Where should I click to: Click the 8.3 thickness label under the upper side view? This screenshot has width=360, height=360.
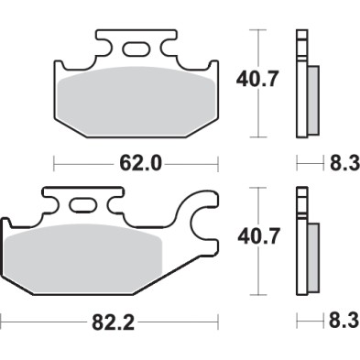coord(344,164)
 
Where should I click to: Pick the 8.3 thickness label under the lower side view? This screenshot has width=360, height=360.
coord(344,322)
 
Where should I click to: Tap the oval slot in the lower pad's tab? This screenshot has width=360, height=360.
coord(85,204)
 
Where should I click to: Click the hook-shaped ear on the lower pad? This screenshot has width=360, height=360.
coord(202,220)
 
